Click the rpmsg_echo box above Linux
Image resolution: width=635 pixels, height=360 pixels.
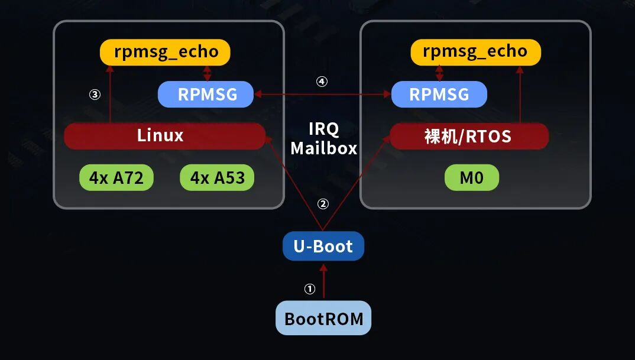pos(164,52)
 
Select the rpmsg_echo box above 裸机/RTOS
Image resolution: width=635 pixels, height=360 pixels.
pos(475,52)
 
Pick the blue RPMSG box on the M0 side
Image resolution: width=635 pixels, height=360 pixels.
pos(439,95)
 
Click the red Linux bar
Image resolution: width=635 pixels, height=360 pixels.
pos(164,136)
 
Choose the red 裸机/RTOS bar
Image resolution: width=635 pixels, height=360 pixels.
pos(469,137)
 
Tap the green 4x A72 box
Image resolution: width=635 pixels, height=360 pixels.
pos(116,177)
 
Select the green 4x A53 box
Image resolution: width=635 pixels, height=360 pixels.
pos(217,177)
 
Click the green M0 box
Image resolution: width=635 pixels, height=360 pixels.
pos(471,177)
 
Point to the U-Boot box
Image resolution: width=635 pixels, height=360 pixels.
pos(323,246)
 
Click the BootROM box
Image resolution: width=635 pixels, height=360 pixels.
pos(323,318)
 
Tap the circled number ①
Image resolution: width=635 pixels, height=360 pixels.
pos(310,289)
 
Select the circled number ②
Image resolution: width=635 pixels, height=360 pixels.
pos(323,204)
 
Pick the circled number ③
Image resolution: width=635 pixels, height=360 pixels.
pos(95,94)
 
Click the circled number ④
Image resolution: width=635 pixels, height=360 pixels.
pos(322,82)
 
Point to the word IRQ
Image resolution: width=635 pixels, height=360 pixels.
pos(323,129)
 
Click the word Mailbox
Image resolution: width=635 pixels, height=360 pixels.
pos(323,148)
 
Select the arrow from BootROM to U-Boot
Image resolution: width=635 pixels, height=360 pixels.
pos(323,281)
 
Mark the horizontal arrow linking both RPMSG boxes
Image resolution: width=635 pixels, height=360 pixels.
pos(322,94)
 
